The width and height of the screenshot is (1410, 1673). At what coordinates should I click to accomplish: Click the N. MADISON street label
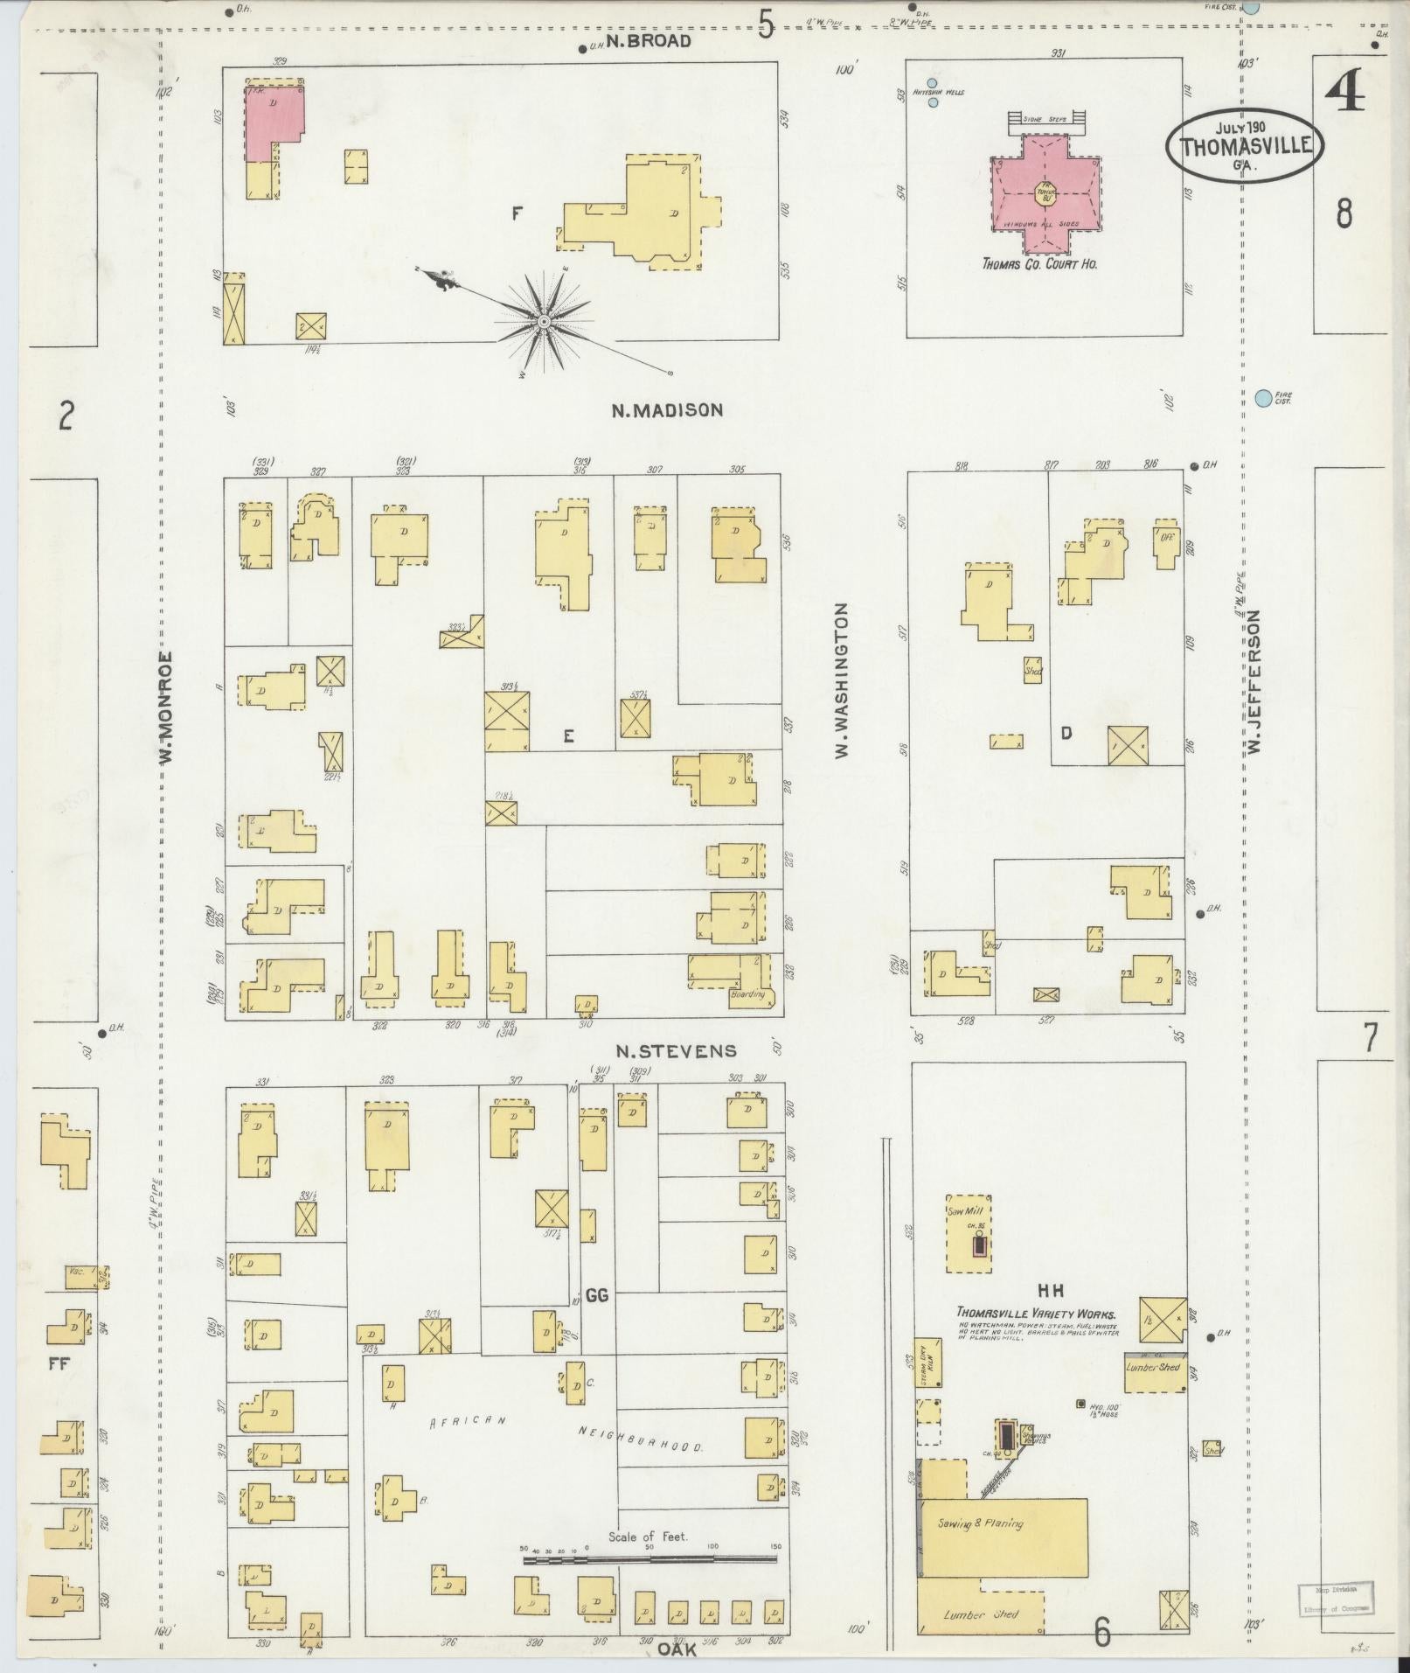[667, 409]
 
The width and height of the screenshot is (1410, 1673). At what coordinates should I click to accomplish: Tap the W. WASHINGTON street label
[841, 680]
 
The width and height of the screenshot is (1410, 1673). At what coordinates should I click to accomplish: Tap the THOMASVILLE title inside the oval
[1245, 145]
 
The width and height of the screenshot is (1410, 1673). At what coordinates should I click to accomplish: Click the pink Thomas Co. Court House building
[1045, 193]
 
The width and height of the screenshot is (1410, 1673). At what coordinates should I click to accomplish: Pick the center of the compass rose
[544, 322]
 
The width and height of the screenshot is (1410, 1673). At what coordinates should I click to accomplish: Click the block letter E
[568, 736]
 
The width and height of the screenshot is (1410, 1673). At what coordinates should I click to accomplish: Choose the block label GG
[596, 1295]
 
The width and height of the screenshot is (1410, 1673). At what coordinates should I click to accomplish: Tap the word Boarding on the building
[747, 993]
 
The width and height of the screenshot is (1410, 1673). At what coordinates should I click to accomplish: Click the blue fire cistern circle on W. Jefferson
[1262, 399]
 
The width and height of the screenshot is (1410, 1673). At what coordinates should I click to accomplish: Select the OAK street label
[675, 1649]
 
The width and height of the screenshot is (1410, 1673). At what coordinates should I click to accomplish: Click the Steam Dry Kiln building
[927, 1387]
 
